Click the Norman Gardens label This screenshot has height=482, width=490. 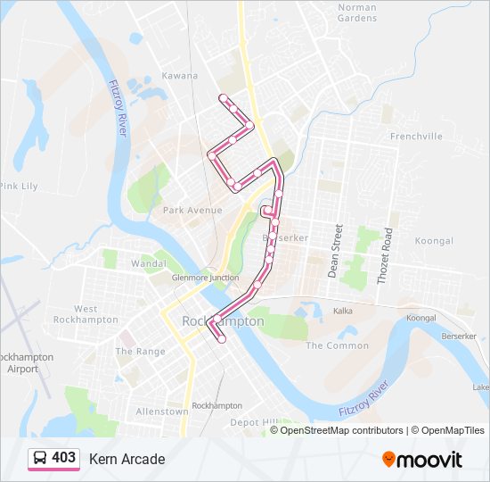pyautogui.click(x=357, y=12)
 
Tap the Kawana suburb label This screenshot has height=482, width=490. pyautogui.click(x=179, y=76)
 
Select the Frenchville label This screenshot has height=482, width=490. pyautogui.click(x=416, y=137)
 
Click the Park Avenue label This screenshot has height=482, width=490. pyautogui.click(x=192, y=211)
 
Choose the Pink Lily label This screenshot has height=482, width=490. pyautogui.click(x=19, y=186)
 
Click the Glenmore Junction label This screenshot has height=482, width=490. pyautogui.click(x=205, y=278)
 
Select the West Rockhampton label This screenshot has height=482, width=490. pyautogui.click(x=86, y=314)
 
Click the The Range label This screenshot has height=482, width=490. pyautogui.click(x=140, y=352)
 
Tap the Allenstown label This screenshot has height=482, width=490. pyautogui.click(x=161, y=411)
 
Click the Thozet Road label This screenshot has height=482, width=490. pyautogui.click(x=384, y=255)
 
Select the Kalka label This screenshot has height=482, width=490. pyautogui.click(x=343, y=312)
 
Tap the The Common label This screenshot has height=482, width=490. pyautogui.click(x=337, y=345)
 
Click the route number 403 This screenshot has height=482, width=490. pyautogui.click(x=64, y=458)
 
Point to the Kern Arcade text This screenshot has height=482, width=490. pyautogui.click(x=127, y=459)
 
